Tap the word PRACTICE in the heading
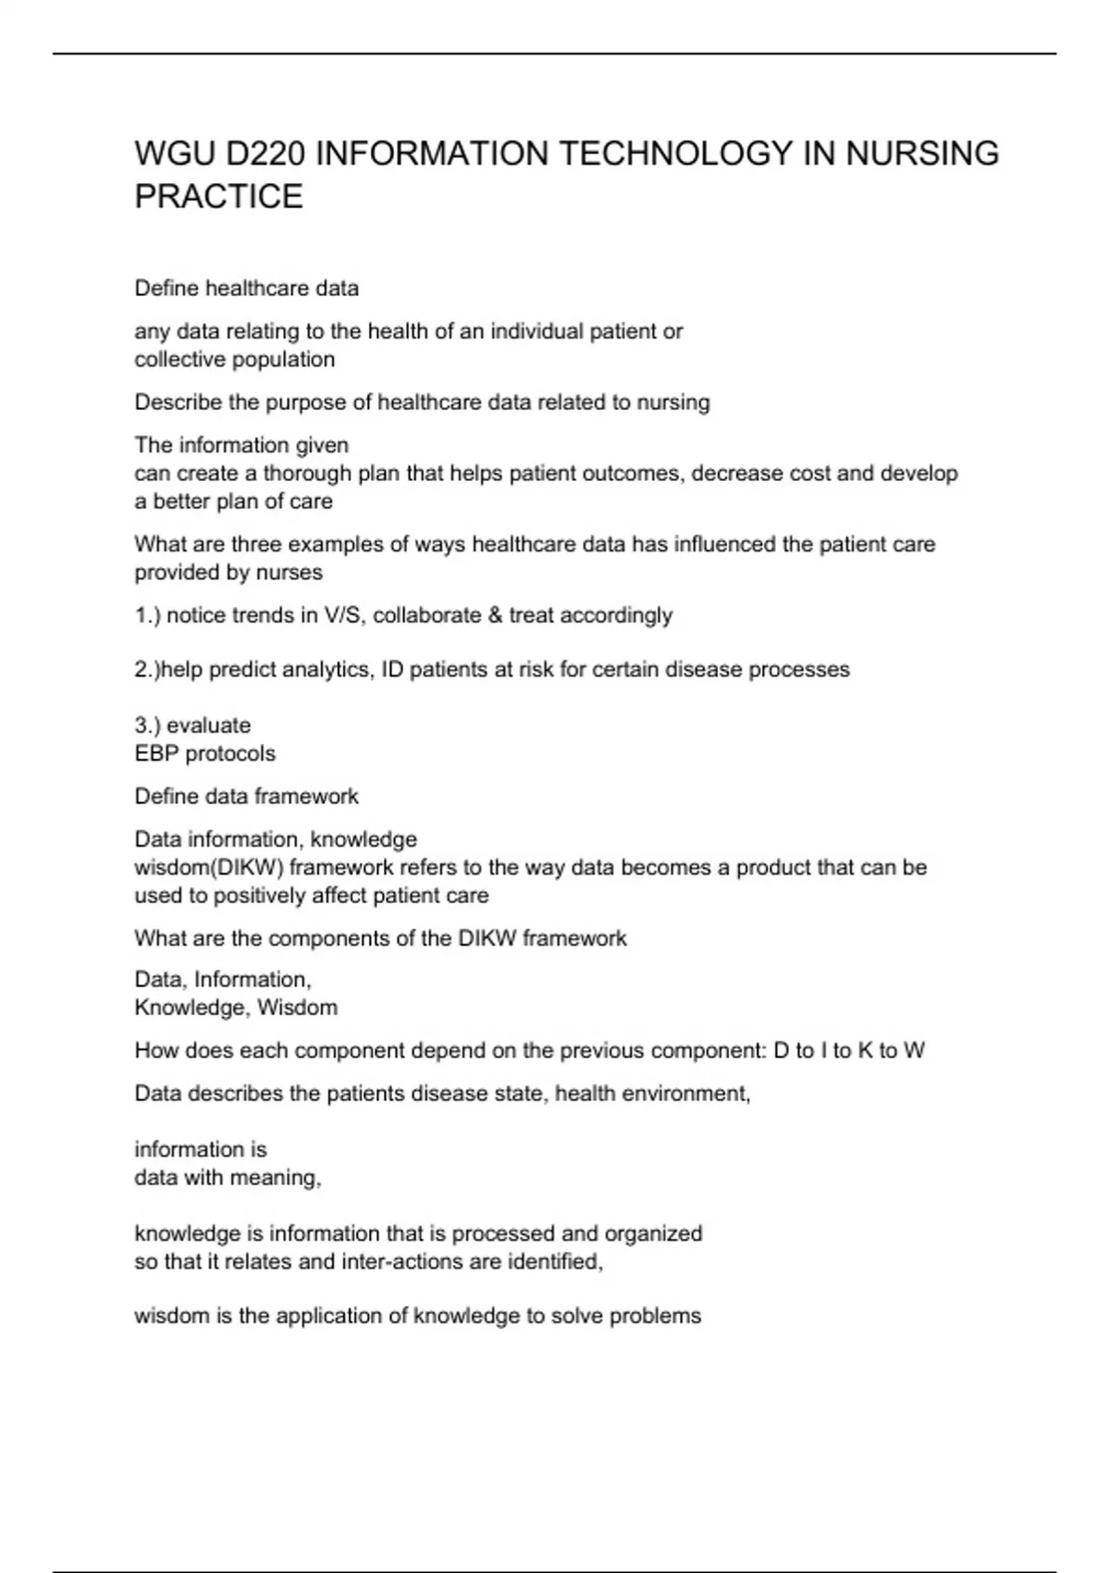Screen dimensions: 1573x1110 coord(218,197)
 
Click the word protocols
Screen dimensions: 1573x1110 coord(230,753)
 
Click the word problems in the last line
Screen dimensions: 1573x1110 coord(659,1316)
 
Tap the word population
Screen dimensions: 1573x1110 coord(284,359)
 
